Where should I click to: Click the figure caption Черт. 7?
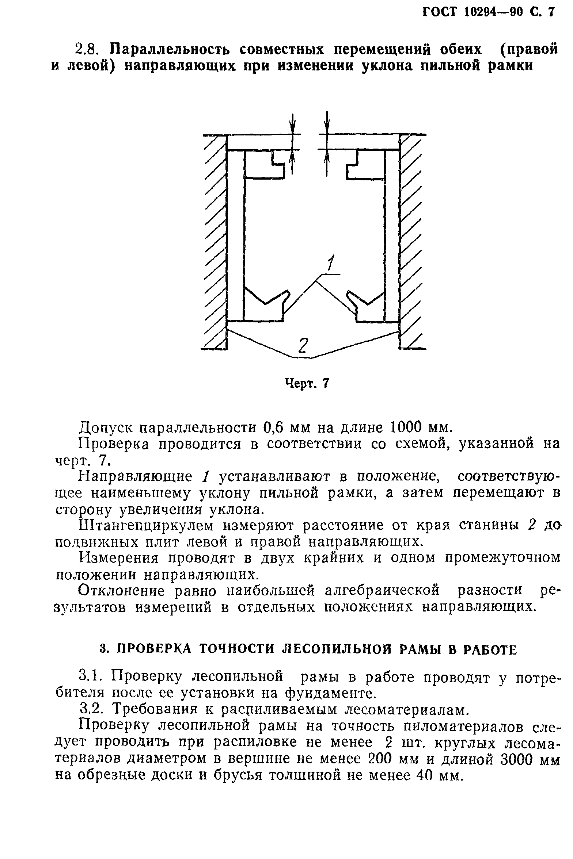[307, 383]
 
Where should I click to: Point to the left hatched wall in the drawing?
[215, 241]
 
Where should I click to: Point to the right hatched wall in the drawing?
[411, 241]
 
